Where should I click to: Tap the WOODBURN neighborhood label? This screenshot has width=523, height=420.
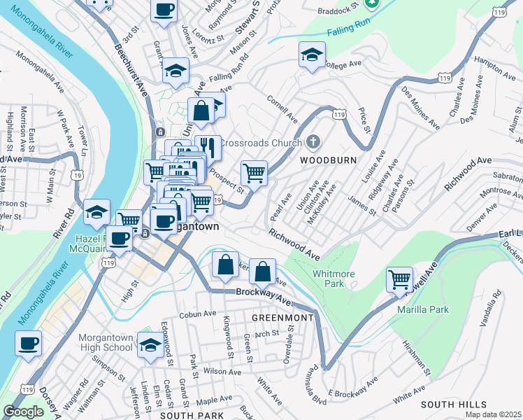[328, 160]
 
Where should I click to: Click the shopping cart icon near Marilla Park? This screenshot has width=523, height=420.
[399, 279]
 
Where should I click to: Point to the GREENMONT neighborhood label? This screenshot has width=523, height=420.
[283, 317]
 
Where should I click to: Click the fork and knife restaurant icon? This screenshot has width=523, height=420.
[208, 148]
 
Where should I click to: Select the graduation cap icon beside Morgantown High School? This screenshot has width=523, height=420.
[150, 344]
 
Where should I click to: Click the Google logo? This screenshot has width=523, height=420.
[23, 412]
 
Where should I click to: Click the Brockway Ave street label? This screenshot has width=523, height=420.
[262, 295]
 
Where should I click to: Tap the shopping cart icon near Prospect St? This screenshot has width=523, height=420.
[254, 171]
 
